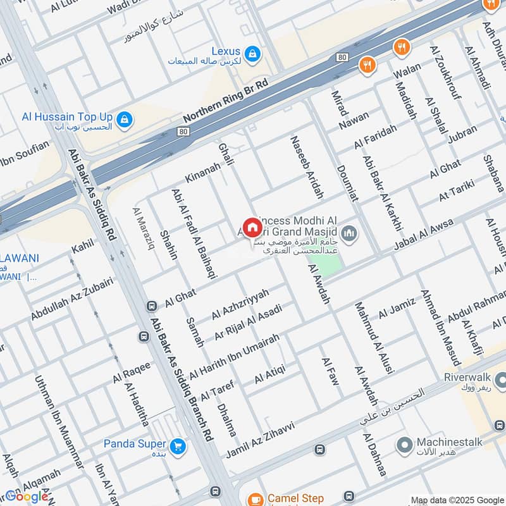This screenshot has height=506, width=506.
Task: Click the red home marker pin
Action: (252, 227)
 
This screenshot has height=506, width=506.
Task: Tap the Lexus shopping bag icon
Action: (252, 52)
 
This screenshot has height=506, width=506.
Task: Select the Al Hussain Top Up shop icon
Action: (125, 118)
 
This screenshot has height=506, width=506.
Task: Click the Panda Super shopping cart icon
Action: (178, 445)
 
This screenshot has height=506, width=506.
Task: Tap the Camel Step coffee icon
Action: (255, 499)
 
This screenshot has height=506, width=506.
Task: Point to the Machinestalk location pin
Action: (404, 445)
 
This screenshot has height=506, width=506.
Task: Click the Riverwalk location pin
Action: (500, 380)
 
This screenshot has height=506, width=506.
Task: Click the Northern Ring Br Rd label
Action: (226, 101)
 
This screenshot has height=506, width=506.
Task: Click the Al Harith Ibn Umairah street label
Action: (234, 355)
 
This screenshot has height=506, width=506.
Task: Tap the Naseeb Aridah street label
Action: (306, 167)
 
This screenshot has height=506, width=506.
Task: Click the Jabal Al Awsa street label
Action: (423, 235)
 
